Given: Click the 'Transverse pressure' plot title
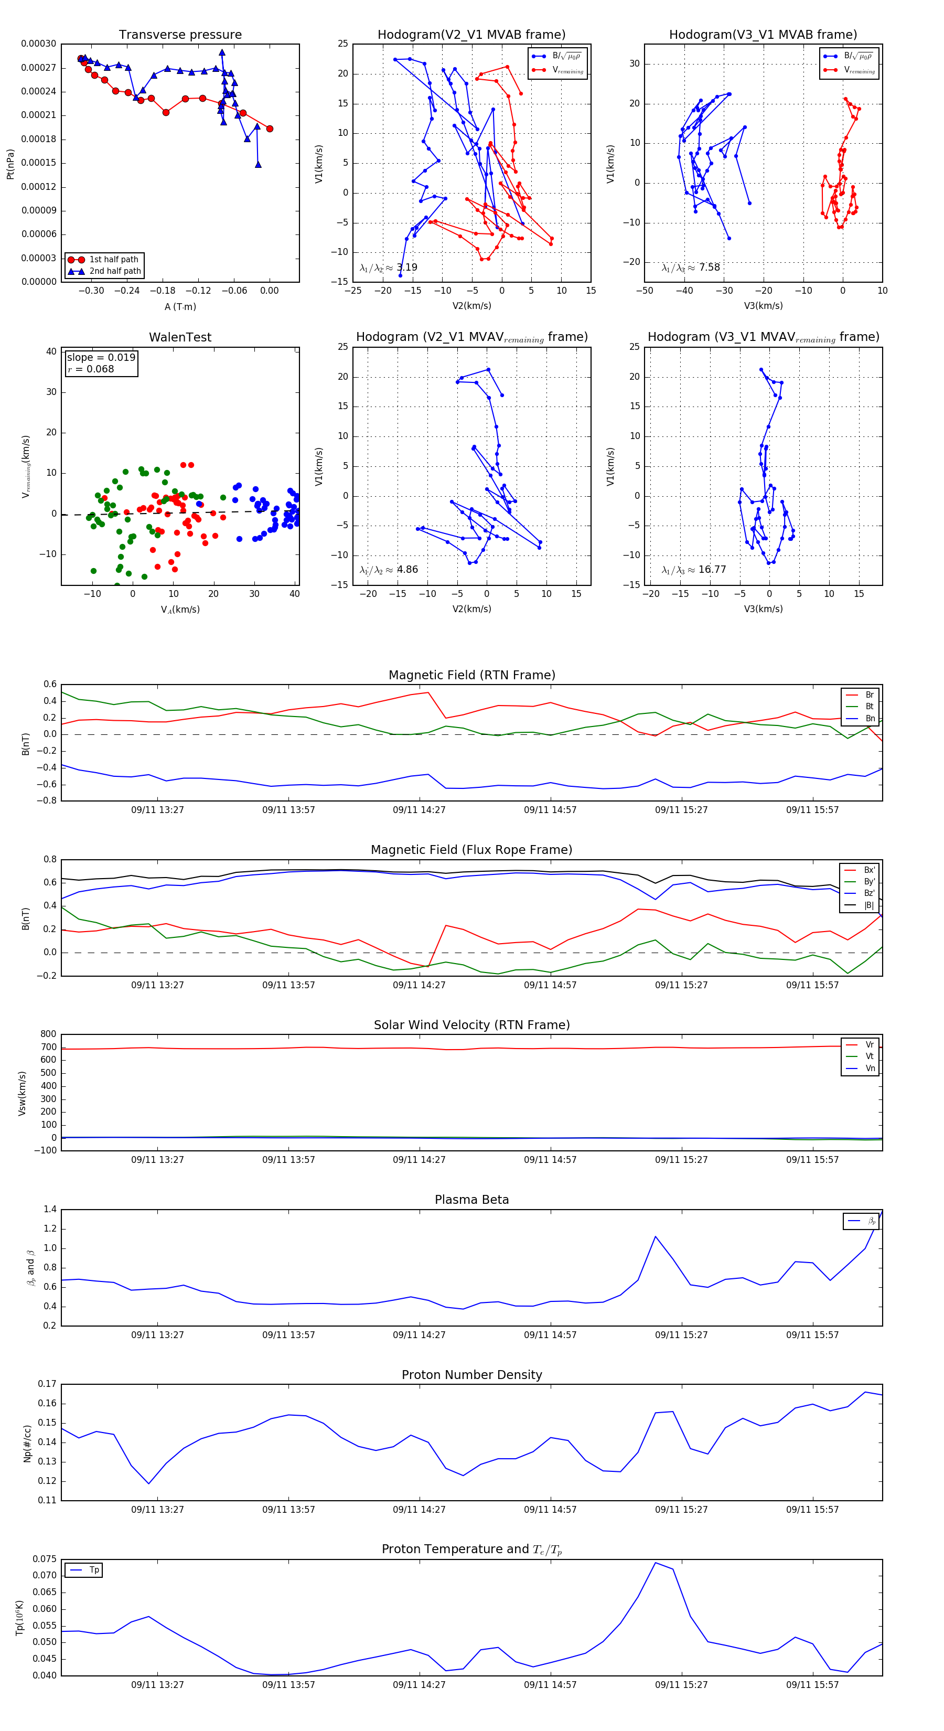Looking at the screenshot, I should pos(180,35).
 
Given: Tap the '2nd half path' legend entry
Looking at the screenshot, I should pos(115,272).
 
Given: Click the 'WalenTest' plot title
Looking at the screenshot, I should pos(180,337).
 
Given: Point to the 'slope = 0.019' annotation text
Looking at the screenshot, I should pos(101,358).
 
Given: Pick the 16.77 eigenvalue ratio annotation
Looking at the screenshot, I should pos(693,570).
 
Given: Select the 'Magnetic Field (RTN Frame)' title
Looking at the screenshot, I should pos(471,675).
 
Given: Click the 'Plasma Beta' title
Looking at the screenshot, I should pos(471,1200).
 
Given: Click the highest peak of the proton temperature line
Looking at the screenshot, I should pos(655,1562).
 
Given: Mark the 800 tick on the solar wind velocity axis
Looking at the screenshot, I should pos(48,1034).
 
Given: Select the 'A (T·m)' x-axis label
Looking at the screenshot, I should pos(180,307).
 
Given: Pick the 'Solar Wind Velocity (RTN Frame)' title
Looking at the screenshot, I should pos(471,1025).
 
